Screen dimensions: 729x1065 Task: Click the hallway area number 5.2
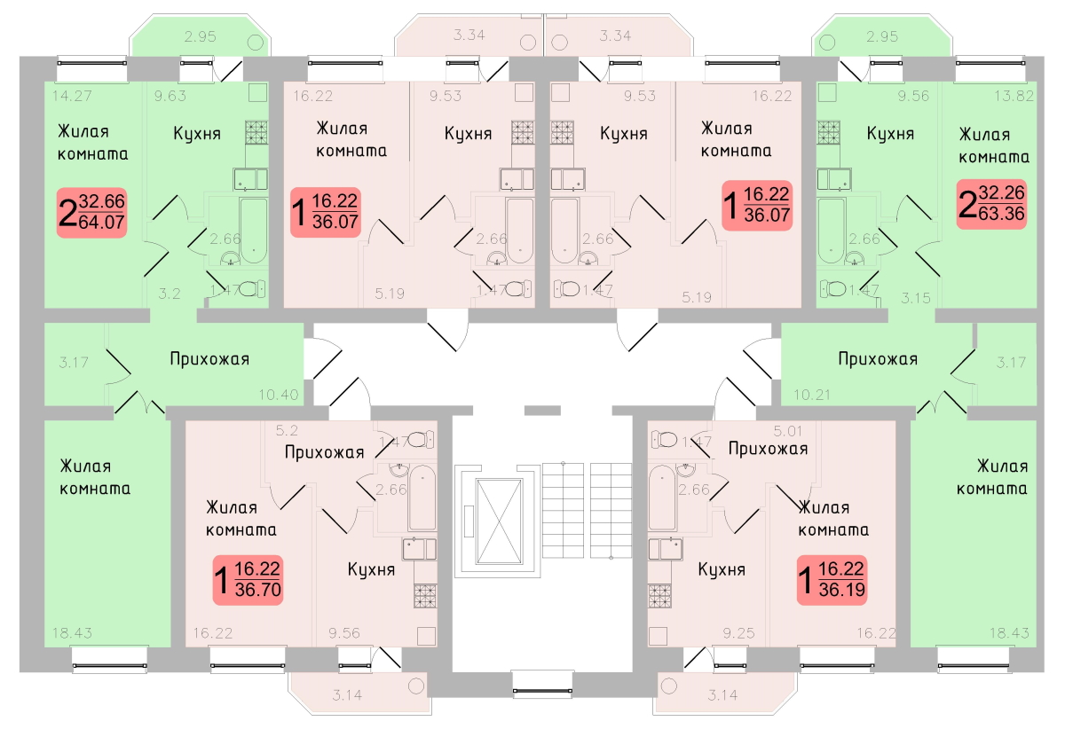coord(288,431)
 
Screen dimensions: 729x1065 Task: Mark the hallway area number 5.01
coord(787,431)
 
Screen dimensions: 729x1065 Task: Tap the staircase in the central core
coord(587,510)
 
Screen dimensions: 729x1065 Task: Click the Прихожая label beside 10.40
coord(209,359)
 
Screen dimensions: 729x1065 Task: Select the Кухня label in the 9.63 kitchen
coord(197,134)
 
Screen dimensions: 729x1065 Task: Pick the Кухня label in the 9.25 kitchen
coord(721,569)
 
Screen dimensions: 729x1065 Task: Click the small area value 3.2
coord(169,294)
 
